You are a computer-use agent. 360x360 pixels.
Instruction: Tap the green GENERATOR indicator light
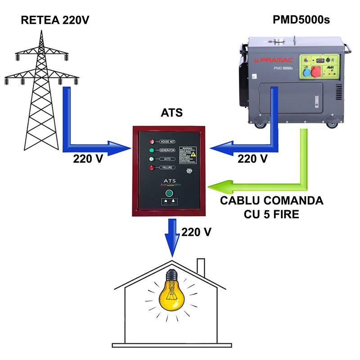click(x=152, y=150)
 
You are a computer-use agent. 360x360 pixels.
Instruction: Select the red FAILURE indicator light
click(x=152, y=168)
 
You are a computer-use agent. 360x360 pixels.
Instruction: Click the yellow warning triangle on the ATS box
click(x=193, y=154)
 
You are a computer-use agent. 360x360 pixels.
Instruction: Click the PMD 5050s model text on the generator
click(x=283, y=68)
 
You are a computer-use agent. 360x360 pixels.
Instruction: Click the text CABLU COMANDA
click(x=272, y=201)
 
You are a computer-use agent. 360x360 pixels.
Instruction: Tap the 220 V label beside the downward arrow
click(x=196, y=232)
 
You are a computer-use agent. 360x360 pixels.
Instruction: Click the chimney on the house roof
click(x=201, y=267)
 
